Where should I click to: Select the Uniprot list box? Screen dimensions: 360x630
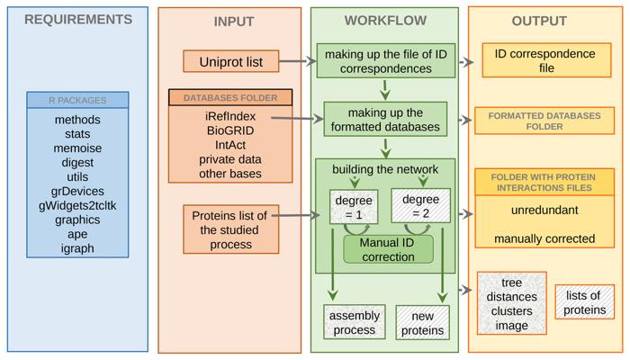coord(230,61)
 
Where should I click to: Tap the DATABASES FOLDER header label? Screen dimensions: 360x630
coord(230,97)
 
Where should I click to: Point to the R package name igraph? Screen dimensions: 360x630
coord(77,248)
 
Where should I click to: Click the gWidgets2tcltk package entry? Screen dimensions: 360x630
coord(77,205)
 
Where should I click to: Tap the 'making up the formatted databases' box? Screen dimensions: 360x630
coord(384,119)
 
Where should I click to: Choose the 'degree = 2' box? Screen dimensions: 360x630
coord(421,206)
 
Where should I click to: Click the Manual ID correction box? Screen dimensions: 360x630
coord(388,249)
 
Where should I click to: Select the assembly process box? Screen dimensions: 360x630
coord(354,322)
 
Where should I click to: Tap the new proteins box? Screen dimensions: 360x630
coord(421,322)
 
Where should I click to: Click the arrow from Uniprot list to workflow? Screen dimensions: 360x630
coord(296,62)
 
